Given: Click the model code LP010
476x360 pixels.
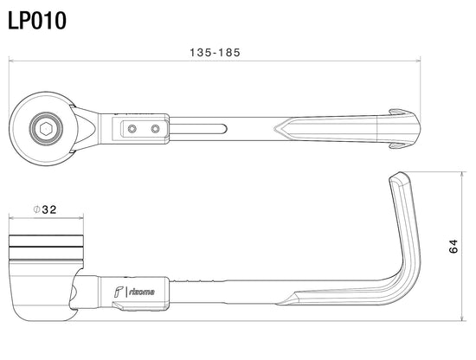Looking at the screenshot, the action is point(36,21).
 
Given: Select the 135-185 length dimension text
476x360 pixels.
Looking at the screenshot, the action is point(215,53).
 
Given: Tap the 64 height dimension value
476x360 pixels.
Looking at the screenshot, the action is point(453,246).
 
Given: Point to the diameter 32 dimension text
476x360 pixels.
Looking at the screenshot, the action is point(45,209).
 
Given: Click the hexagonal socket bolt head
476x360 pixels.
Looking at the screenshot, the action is point(46,129).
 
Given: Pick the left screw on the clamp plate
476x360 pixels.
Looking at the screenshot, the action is point(132,129).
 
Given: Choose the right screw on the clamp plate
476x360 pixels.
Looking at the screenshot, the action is point(156,129).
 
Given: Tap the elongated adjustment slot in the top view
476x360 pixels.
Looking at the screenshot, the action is point(197,129).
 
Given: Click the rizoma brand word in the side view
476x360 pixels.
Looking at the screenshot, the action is point(142,292).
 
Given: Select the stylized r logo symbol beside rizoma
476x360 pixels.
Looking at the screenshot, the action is point(119,292).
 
